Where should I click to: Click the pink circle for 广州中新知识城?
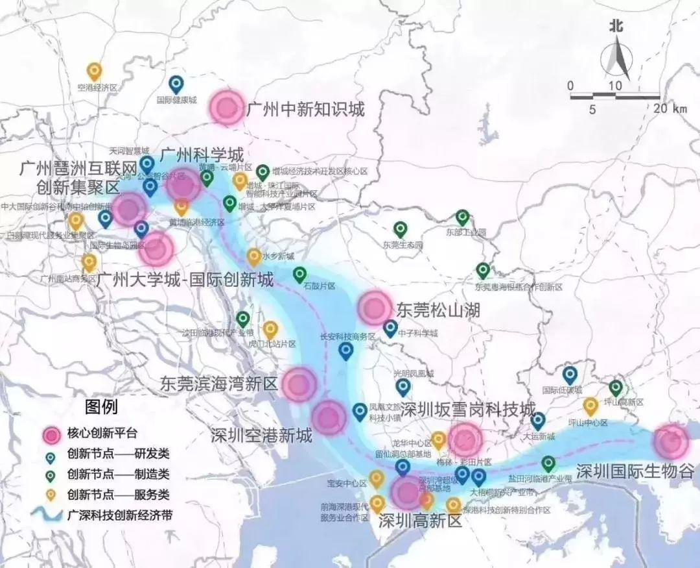point(226,108)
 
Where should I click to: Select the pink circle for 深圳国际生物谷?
point(670,441)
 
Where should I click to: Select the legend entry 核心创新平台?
point(102,434)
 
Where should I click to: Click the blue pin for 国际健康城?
point(176,84)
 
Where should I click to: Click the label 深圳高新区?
point(420,520)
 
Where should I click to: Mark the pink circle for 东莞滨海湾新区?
point(299,384)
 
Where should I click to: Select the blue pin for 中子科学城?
point(390,328)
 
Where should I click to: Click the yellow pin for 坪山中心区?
point(590,406)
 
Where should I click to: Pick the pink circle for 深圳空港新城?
point(329,417)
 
